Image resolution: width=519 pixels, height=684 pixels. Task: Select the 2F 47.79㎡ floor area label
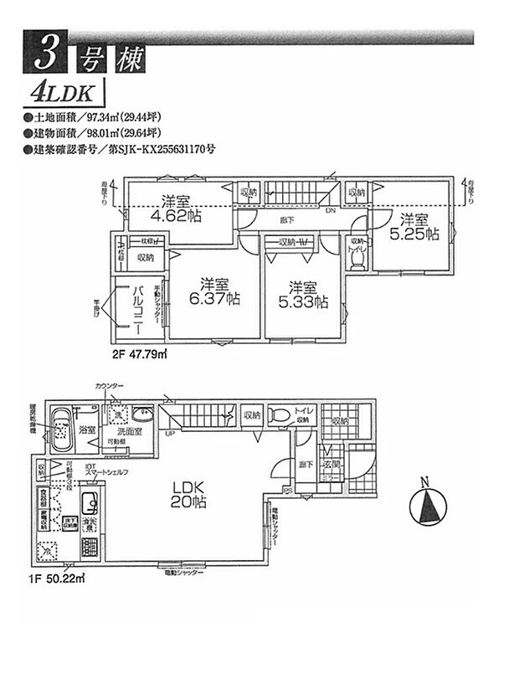point(139,353)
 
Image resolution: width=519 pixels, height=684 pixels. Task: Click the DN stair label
point(331,211)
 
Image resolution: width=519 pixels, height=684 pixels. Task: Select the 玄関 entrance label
point(331,464)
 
